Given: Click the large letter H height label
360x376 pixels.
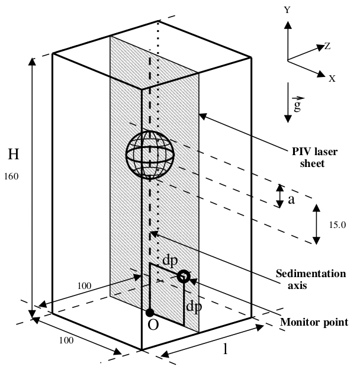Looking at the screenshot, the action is click(14, 154).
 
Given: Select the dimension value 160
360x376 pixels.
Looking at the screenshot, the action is click(11, 176).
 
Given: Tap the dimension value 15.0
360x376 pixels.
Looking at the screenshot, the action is click(337, 225).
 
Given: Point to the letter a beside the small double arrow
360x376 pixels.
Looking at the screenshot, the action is click(291, 200).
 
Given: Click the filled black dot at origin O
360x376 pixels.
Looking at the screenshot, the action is click(150, 313).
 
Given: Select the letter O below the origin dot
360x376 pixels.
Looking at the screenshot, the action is click(153, 325).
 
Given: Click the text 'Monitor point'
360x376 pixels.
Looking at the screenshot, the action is click(314, 322).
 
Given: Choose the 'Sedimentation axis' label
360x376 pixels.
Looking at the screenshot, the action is click(311, 279).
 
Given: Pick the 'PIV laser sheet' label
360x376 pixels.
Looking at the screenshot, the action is click(314, 158).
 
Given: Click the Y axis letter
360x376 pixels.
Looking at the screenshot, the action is click(287, 10).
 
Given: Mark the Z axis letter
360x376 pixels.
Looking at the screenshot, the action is click(327, 46).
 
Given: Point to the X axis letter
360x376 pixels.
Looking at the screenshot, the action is click(332, 78).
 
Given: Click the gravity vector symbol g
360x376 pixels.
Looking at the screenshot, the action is click(298, 104).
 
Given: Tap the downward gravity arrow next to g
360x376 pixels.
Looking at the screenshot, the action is click(288, 102).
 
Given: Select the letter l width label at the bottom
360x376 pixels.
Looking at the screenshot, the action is click(225, 349).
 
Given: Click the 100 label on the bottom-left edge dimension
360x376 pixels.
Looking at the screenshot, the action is click(66, 340).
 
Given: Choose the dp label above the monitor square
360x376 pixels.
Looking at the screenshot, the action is click(170, 261).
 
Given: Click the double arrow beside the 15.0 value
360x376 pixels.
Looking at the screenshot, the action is click(316, 224).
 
